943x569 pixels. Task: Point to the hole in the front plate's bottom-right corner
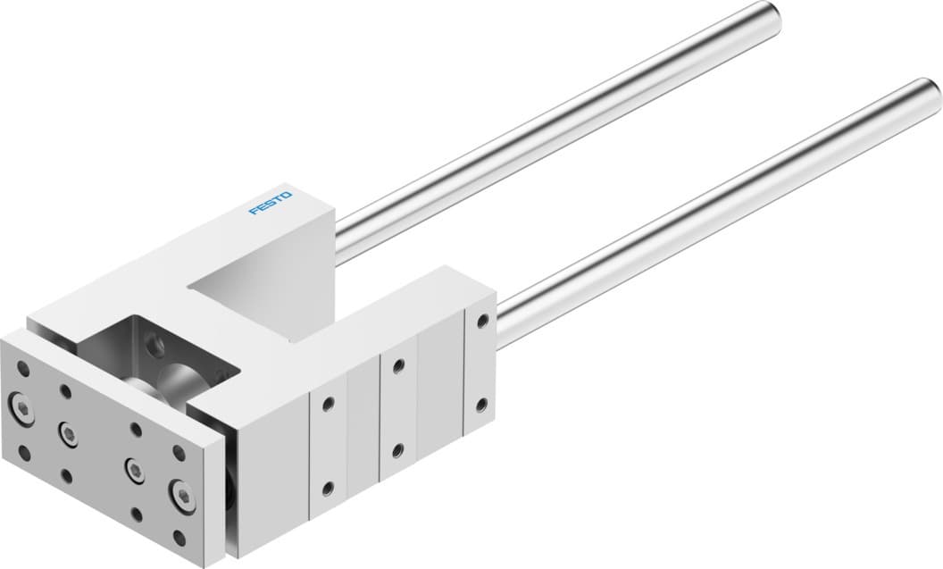pyautogui.click(x=179, y=539)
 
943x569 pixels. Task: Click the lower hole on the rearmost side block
pyautogui.click(x=482, y=405)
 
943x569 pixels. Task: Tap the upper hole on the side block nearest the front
pyautogui.click(x=328, y=403)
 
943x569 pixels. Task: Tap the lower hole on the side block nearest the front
pyautogui.click(x=328, y=488)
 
